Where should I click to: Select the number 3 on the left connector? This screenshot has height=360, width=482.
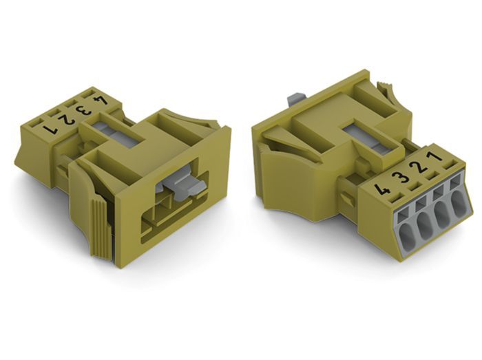click(83, 109)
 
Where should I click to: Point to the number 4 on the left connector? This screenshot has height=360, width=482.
click(101, 100)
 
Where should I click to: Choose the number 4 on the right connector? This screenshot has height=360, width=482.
click(382, 189)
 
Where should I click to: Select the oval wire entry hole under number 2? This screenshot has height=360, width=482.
click(441, 215)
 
